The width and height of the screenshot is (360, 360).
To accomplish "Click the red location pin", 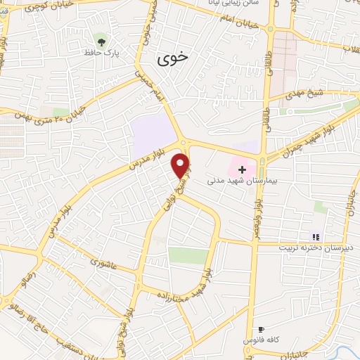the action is pyautogui.click(x=181, y=165).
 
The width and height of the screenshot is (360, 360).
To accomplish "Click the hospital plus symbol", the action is pyautogui.click(x=242, y=169).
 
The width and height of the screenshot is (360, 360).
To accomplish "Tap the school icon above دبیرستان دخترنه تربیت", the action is pyautogui.click(x=316, y=236).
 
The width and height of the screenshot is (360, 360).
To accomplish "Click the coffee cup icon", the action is pyautogui.click(x=261, y=329).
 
